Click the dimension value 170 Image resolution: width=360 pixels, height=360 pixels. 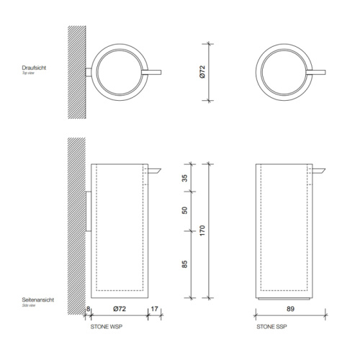click(203, 232)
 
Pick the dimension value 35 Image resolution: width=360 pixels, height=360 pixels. click(184, 179)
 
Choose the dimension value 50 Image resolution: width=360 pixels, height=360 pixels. click(184, 210)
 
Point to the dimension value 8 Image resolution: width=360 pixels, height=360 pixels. click(89, 310)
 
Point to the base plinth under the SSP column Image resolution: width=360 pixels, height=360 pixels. click(287, 297)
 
